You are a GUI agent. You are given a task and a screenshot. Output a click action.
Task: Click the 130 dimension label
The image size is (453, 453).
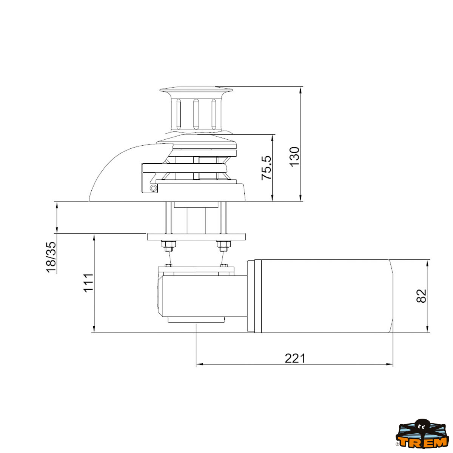pos(294,156)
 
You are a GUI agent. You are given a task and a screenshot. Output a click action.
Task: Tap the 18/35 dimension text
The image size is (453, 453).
pos(51,257)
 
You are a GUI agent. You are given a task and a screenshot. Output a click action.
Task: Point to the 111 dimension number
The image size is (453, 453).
pos(88,283)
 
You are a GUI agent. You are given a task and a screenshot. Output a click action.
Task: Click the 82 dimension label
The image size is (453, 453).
pos(421,296)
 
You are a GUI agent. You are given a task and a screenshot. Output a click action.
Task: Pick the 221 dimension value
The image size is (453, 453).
pos(295,358)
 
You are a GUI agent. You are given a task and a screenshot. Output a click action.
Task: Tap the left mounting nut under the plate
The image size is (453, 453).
pos(168,246)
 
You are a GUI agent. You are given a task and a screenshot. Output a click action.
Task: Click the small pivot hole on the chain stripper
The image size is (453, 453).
pos(153,188)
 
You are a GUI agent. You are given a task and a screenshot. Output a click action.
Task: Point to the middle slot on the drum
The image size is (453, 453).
pos(196,113)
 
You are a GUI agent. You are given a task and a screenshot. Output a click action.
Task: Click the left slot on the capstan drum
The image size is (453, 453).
pos(178,113)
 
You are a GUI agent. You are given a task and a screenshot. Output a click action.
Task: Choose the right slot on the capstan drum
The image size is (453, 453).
pos(214,113)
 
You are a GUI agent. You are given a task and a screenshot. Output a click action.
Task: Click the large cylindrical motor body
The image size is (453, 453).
pos(325,296)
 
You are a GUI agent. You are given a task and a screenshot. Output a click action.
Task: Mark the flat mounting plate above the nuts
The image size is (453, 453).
pos(196,237)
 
